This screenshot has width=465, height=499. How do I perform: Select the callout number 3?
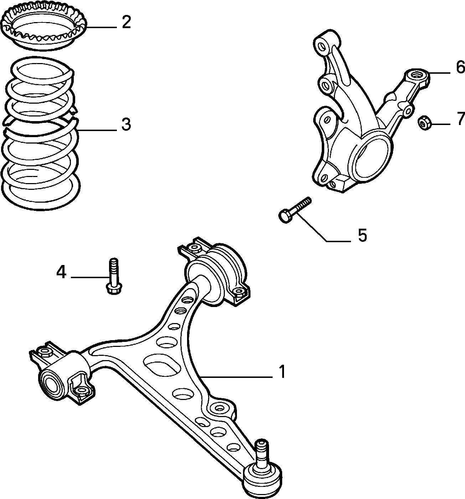click(x=126, y=125)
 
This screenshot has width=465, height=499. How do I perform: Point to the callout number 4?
click(x=61, y=272)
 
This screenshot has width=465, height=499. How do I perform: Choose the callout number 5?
click(x=362, y=235)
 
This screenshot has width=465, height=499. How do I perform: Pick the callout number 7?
click(x=460, y=119)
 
